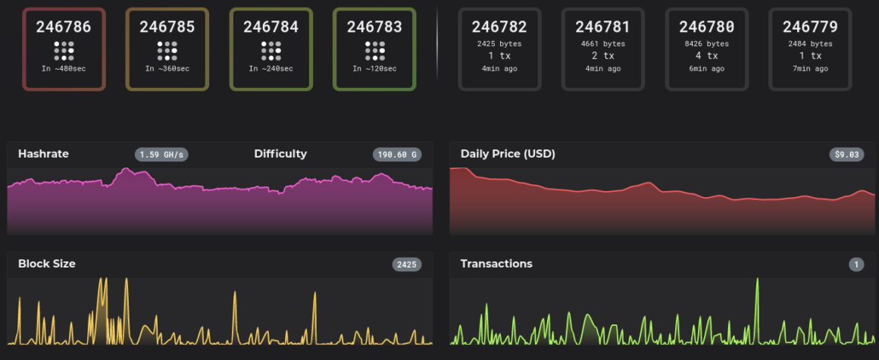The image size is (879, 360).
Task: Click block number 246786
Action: pos(64,27)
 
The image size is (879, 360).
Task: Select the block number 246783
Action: pos(374,27)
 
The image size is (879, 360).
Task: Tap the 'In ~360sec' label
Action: pos(167,69)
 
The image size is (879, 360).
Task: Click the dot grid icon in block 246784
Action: pos(271,51)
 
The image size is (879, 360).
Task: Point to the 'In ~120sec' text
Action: pos(374,69)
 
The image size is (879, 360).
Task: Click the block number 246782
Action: pos(499,27)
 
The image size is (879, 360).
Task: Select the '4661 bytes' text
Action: pos(603,44)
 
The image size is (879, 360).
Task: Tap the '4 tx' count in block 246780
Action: pos(706,56)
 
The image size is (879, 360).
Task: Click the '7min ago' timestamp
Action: pos(810,69)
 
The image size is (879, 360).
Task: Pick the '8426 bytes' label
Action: pos(706,44)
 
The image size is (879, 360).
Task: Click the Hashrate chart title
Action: pos(43,154)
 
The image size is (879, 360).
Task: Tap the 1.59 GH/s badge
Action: pos(161,155)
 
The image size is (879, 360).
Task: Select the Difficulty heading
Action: pos(280,154)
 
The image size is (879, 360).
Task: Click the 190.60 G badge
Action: pos(397,155)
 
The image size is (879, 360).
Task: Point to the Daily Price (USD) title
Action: pos(508,154)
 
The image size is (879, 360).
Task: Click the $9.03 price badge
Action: pos(846,155)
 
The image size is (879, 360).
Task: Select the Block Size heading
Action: pos(47,264)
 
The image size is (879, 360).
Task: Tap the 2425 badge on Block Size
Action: pos(406,265)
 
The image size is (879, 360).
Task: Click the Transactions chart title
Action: pos(496,264)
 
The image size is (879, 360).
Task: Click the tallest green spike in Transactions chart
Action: pos(757,282)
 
